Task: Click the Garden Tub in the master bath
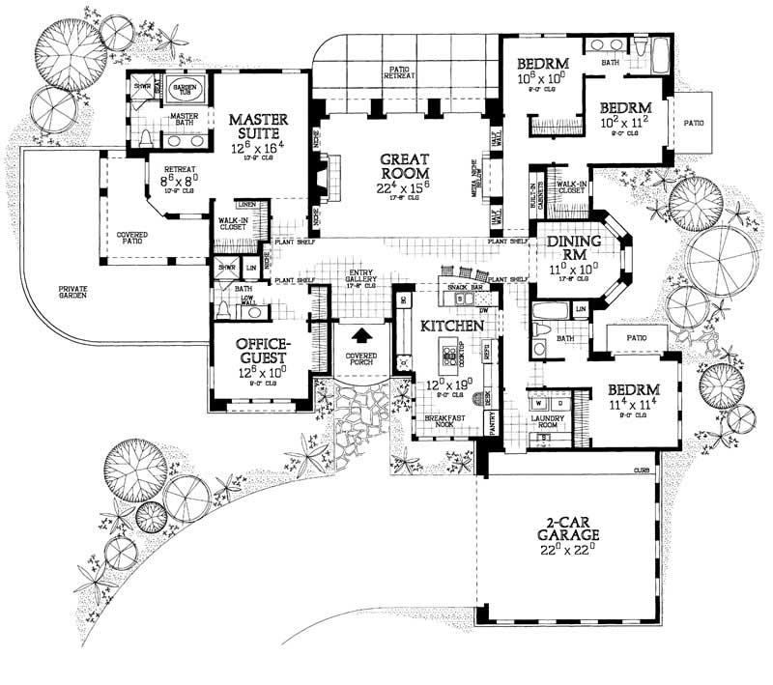(x=185, y=91)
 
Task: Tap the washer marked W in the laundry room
(x=537, y=403)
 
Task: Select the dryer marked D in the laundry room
(x=554, y=403)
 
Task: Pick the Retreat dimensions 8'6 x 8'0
(x=178, y=179)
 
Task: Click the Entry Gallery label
(x=365, y=279)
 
